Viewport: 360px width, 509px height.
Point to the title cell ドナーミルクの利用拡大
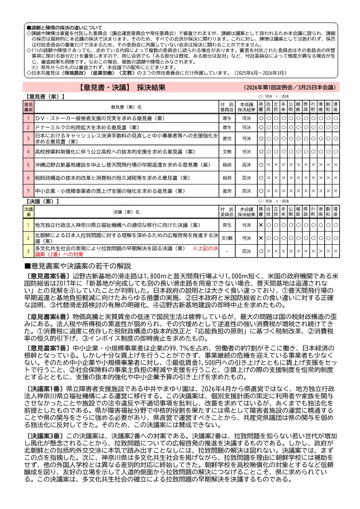(126, 127)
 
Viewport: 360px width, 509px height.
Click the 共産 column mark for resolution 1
(261, 225)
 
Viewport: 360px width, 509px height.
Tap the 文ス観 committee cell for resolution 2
(227, 238)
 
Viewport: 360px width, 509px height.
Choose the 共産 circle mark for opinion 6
(261, 178)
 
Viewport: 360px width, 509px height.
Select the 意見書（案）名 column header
(126, 107)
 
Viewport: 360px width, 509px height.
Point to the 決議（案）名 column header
(126, 212)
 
